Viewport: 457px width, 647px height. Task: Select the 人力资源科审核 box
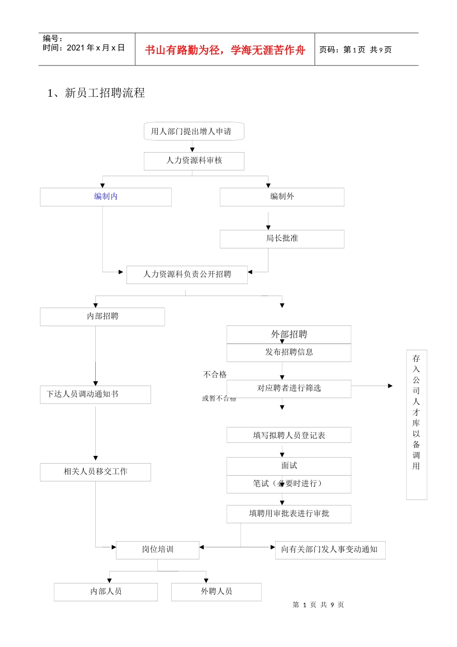[x=194, y=161]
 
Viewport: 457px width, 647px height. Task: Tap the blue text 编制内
[x=106, y=196]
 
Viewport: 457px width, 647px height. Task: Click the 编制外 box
[x=282, y=196]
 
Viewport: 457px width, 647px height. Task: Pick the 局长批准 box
[x=282, y=239]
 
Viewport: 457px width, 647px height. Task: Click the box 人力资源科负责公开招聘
[x=187, y=274]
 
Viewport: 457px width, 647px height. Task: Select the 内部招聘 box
[x=102, y=316]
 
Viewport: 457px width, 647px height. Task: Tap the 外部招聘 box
[x=289, y=334]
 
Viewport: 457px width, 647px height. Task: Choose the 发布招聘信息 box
[x=289, y=352]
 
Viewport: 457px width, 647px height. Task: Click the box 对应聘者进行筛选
[x=289, y=388]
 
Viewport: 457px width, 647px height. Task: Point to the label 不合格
[x=215, y=375]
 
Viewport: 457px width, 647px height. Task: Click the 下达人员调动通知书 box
[x=95, y=394]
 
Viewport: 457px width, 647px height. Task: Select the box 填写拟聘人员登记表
[x=289, y=435]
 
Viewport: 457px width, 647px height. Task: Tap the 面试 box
[x=289, y=466]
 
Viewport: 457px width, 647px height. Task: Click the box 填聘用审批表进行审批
[x=289, y=514]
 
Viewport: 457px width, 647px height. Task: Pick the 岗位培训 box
[x=157, y=549]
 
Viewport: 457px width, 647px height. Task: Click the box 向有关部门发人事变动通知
[x=330, y=549]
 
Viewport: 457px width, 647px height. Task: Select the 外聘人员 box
[x=216, y=592]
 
